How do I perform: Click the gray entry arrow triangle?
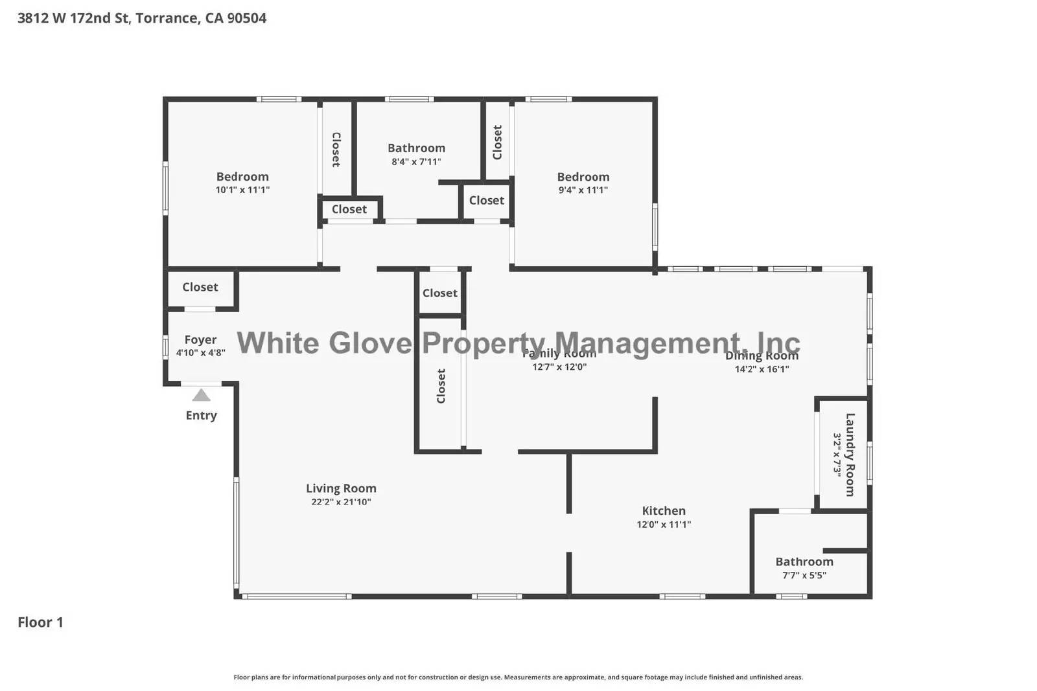[201, 395]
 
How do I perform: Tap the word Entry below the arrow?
[201, 416]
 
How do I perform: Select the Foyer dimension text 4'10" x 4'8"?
[200, 353]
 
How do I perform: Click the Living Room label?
[341, 488]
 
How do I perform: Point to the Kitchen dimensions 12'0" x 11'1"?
[664, 525]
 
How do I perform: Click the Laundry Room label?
[850, 455]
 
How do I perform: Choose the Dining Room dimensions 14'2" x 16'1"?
[762, 369]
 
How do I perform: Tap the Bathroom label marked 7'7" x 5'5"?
[804, 561]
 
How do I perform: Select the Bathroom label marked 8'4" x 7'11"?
[416, 148]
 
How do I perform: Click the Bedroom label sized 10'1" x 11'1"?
[242, 177]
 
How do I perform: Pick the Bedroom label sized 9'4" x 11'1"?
[583, 177]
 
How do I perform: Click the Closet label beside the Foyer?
[200, 287]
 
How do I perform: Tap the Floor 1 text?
[40, 622]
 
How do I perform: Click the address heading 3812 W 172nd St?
[141, 18]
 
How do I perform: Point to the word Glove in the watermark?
[370, 343]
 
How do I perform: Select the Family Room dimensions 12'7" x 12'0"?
[559, 367]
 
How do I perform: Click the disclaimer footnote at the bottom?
[518, 677]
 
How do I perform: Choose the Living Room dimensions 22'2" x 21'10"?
[341, 502]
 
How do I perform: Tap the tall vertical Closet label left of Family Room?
[441, 386]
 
